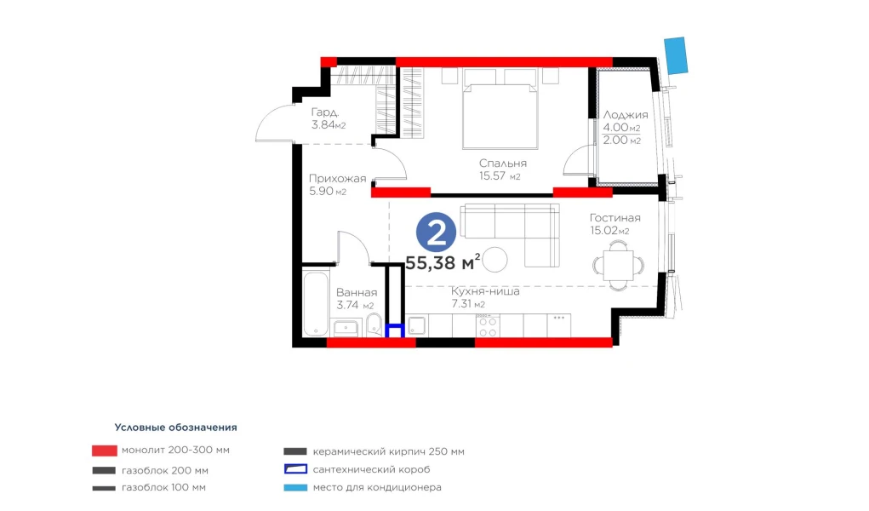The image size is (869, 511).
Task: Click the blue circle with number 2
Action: pos(436,233)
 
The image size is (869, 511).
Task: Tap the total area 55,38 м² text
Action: pos(443,262)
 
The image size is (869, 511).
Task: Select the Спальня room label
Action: pos(503,164)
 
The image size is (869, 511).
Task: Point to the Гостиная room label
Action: pos(615,218)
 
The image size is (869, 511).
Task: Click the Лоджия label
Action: pos(625,116)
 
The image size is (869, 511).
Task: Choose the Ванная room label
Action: pos(357,292)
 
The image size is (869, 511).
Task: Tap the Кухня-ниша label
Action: pos(485,291)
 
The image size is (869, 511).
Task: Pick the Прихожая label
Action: pos(338,179)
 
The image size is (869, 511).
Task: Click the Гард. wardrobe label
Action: pos(325,112)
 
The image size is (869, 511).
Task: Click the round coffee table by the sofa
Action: pos(495,260)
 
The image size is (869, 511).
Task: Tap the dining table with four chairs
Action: pos(618,265)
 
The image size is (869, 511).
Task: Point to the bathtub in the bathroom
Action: pos(316,303)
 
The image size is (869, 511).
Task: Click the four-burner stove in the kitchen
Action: pos(487,325)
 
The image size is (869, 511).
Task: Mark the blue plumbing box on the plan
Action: pos(394,331)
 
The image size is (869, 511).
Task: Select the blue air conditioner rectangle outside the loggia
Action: pos(676,55)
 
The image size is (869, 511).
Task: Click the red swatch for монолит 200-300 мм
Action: pos(104,451)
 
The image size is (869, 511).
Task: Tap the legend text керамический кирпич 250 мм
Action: pos(388,451)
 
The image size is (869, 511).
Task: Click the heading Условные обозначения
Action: pos(175,428)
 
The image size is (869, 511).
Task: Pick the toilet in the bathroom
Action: pos(374,325)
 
